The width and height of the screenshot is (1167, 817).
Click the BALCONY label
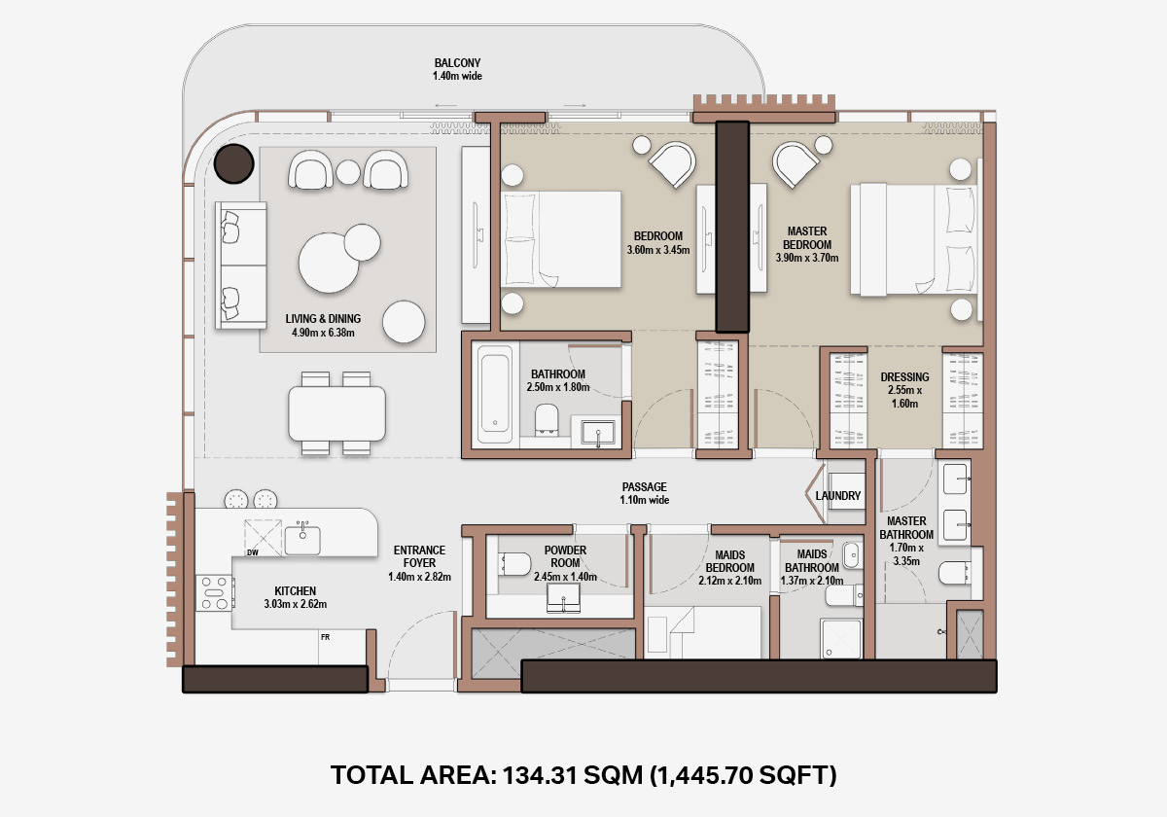[457, 63]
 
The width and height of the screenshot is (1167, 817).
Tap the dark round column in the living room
[234, 163]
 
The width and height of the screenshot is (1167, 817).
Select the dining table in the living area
[336, 413]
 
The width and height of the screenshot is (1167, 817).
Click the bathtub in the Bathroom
[495, 393]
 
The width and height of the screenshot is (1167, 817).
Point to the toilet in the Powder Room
[514, 564]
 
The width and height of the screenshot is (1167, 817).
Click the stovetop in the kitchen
[215, 593]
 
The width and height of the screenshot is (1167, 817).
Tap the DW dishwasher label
[253, 552]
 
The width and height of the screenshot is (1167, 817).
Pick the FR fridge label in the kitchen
[325, 637]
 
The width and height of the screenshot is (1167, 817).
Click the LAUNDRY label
[837, 495]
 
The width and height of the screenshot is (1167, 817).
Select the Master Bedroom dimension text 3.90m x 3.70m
[807, 258]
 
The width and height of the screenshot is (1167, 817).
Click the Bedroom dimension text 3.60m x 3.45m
[658, 250]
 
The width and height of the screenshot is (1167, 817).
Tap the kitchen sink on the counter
[302, 539]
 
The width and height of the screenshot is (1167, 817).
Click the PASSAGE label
[645, 486]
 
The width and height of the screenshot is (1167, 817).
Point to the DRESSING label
[904, 376]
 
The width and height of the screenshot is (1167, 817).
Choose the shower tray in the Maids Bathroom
[841, 639]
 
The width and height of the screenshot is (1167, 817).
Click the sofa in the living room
[241, 266]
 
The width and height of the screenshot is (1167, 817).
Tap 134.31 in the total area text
[539, 775]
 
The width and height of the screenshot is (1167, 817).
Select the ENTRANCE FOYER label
[419, 556]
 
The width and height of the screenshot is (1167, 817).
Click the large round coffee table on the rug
[329, 263]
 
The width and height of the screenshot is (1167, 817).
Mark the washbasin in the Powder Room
[563, 597]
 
